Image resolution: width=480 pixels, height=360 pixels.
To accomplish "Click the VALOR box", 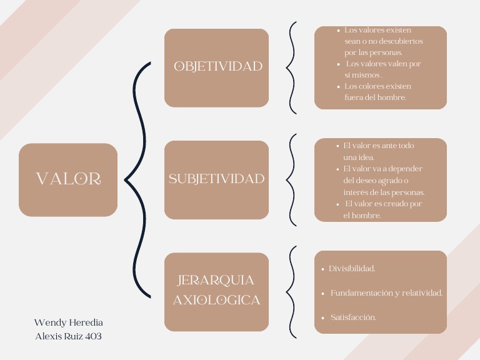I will (68, 179).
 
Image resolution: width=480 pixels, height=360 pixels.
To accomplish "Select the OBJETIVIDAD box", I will (217, 67).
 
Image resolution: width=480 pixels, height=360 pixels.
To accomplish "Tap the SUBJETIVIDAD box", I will (217, 179).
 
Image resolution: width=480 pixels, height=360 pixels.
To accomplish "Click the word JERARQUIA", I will (216, 280).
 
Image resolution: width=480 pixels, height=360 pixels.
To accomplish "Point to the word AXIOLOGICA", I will (216, 300).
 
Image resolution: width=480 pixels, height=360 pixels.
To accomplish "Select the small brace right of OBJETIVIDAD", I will (291, 67).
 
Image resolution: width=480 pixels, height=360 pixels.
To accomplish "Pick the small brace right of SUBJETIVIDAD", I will (291, 179).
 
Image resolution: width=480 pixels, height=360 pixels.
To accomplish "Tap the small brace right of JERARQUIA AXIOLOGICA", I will (291, 292).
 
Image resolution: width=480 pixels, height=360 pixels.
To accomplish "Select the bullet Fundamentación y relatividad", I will (386, 293).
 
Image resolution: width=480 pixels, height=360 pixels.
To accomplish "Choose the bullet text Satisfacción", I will (353, 317).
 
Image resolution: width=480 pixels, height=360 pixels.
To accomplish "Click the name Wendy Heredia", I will (69, 322).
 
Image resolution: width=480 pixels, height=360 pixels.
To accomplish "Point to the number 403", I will (92, 336).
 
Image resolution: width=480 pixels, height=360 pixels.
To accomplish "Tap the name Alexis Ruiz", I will (58, 336).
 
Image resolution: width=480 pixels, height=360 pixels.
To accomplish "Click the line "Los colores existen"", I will (377, 86).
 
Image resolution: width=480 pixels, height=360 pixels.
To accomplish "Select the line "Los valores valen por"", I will (383, 64).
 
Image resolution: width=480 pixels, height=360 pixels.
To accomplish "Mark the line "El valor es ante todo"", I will (379, 146).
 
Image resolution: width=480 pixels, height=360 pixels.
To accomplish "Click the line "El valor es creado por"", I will (383, 204).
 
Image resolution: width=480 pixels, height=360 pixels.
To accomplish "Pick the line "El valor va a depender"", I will (383, 169).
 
